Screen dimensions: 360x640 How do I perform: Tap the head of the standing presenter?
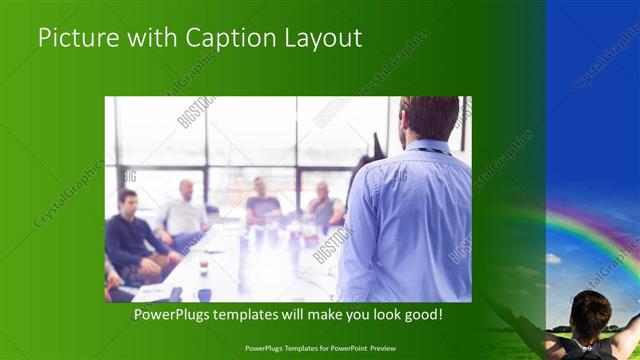coord(429,118)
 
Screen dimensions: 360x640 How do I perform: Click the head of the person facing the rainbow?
coord(589,313)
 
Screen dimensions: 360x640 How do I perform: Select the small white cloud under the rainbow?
coord(554,259)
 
